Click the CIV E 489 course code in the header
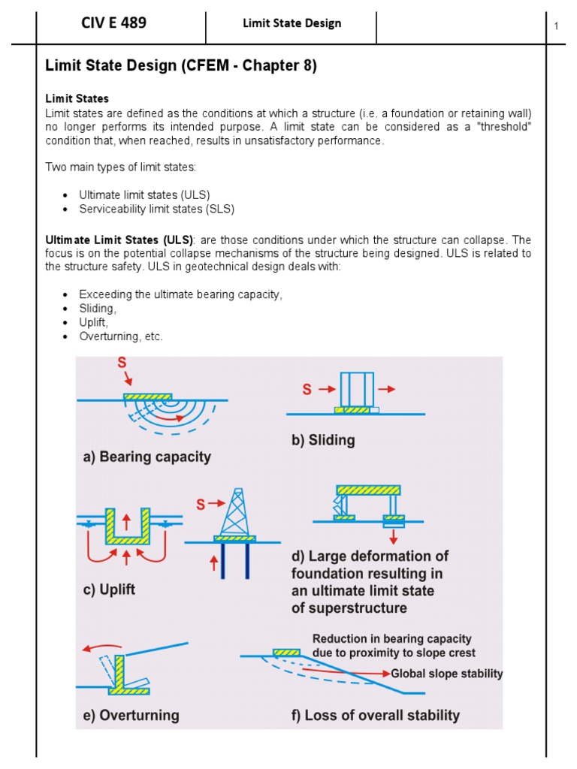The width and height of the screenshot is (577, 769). click(113, 23)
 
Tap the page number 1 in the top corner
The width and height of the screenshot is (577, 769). click(557, 27)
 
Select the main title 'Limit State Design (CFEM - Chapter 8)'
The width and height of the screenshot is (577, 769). click(181, 67)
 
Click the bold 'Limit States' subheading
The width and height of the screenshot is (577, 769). click(77, 98)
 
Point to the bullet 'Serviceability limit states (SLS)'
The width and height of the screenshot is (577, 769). click(162, 209)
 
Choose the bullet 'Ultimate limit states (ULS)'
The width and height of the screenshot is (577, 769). click(144, 195)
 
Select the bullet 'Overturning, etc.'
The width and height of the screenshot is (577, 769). click(121, 336)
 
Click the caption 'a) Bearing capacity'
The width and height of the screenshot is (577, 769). click(147, 457)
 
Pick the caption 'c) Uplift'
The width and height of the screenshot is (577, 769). click(108, 590)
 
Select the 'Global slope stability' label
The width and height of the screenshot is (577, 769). click(446, 674)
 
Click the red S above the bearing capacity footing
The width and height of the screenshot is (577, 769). click(122, 363)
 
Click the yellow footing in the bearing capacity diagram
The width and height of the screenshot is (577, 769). click(147, 396)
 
